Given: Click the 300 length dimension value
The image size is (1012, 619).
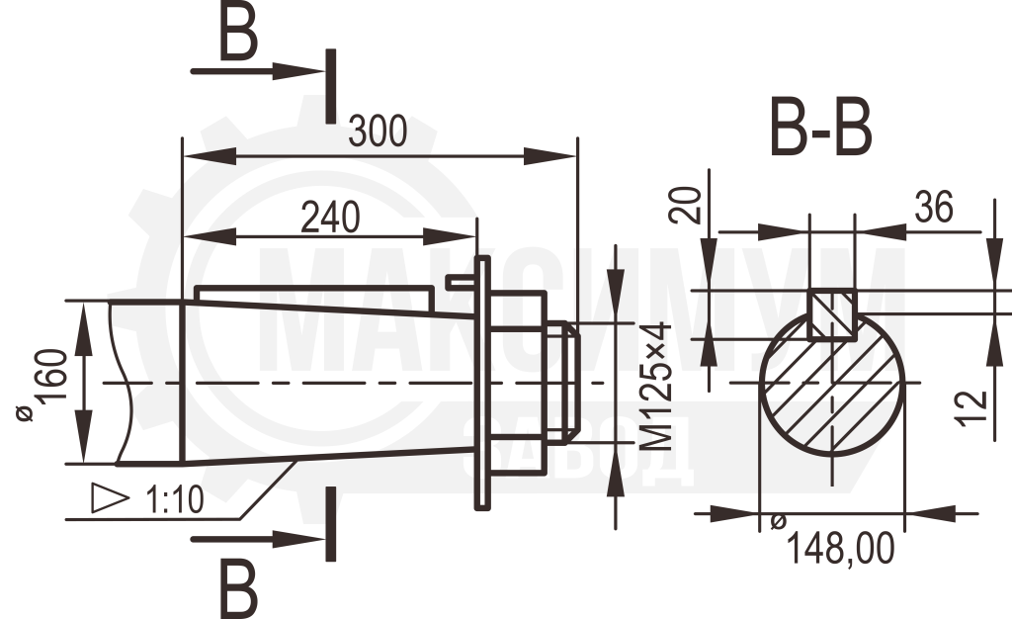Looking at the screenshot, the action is click(x=378, y=132).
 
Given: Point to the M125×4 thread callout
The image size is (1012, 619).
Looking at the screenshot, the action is click(x=656, y=386).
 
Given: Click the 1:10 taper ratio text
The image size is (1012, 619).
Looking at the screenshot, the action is click(x=176, y=499).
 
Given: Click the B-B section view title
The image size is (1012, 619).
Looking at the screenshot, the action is click(x=821, y=128).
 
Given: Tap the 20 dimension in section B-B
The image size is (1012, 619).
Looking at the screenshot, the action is click(x=686, y=206).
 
